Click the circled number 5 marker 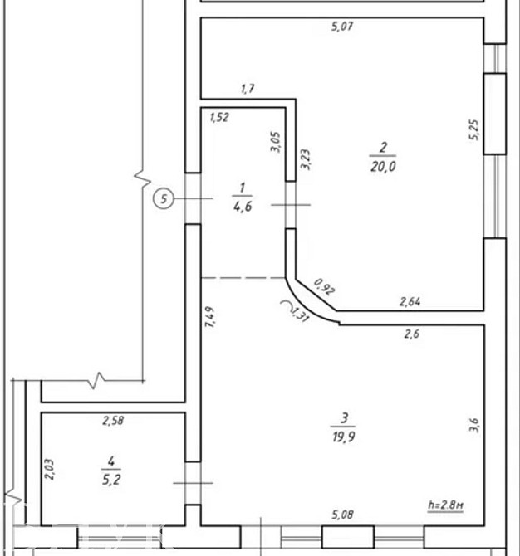pos(164,199)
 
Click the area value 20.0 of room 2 pos(383,166)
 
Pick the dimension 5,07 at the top pos(342,27)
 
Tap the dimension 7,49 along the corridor pos(209,319)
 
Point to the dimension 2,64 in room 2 pos(410,302)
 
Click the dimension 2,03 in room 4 pos(51,471)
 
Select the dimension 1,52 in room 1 pos(219,118)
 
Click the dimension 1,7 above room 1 pos(247,87)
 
